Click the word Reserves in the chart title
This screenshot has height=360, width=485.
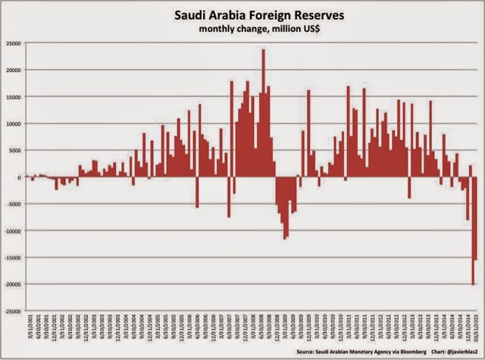(x=314, y=14)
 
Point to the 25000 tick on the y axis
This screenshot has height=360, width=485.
(x=13, y=44)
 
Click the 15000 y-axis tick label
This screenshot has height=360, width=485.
(x=13, y=97)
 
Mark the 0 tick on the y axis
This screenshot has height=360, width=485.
(x=19, y=177)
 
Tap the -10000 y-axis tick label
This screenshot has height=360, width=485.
(x=12, y=230)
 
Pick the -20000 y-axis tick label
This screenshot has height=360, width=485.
(x=12, y=284)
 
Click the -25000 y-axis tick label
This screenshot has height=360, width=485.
(x=12, y=311)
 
